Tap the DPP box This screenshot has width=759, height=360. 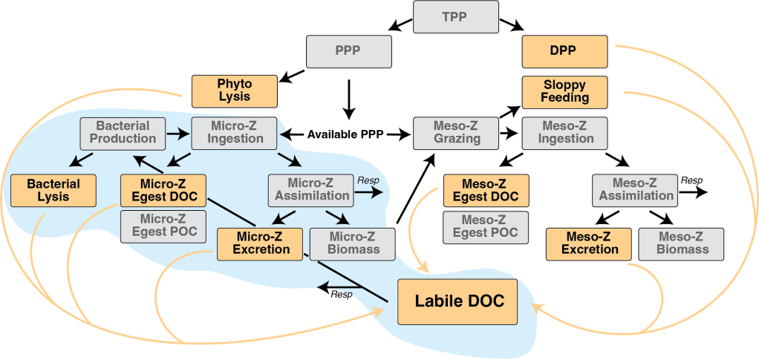tap(565, 51)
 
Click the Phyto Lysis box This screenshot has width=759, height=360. tap(234, 90)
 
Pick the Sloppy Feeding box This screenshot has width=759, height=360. tap(565, 91)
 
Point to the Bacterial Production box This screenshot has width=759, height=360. tap(123, 132)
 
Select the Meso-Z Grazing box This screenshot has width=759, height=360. tap(457, 132)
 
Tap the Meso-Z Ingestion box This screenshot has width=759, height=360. tap(564, 132)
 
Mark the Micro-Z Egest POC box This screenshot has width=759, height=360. tap(163, 225)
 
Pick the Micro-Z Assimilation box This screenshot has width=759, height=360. tap(311, 189)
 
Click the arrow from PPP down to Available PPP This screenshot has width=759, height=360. tap(348, 96)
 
